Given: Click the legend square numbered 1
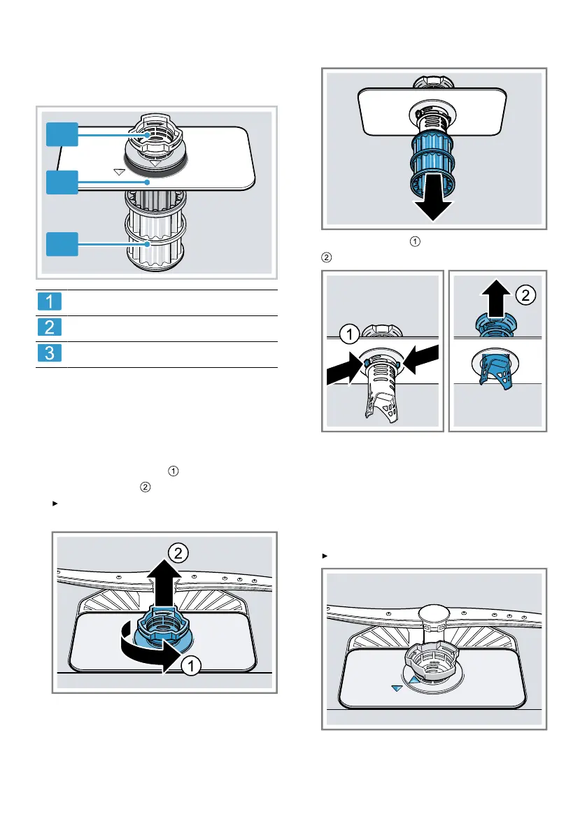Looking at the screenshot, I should (x=50, y=302).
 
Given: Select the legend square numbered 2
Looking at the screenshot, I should (x=50, y=328).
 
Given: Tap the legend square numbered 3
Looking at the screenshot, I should (x=50, y=355).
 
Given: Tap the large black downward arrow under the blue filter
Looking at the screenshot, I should (x=429, y=206).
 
